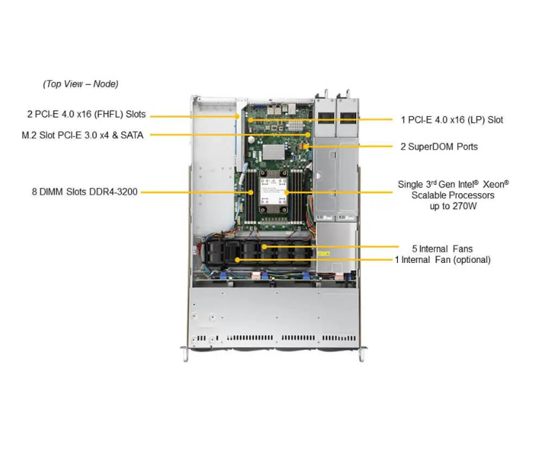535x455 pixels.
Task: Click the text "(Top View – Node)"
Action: click(x=80, y=84)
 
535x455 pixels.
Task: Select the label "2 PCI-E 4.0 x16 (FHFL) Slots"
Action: click(x=86, y=114)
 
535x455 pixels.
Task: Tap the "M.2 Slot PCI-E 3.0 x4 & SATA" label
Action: click(x=82, y=135)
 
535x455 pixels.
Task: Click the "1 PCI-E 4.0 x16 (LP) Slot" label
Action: click(x=452, y=119)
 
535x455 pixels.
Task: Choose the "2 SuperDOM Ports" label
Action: click(x=439, y=146)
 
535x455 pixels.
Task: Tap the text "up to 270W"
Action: click(x=452, y=206)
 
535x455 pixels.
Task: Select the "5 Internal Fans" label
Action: click(x=442, y=248)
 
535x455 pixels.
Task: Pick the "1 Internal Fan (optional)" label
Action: click(x=442, y=260)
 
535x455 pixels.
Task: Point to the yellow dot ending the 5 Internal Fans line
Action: click(x=264, y=247)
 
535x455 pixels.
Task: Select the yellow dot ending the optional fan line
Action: click(x=237, y=260)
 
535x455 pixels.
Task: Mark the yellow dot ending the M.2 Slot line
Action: click(x=309, y=135)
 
